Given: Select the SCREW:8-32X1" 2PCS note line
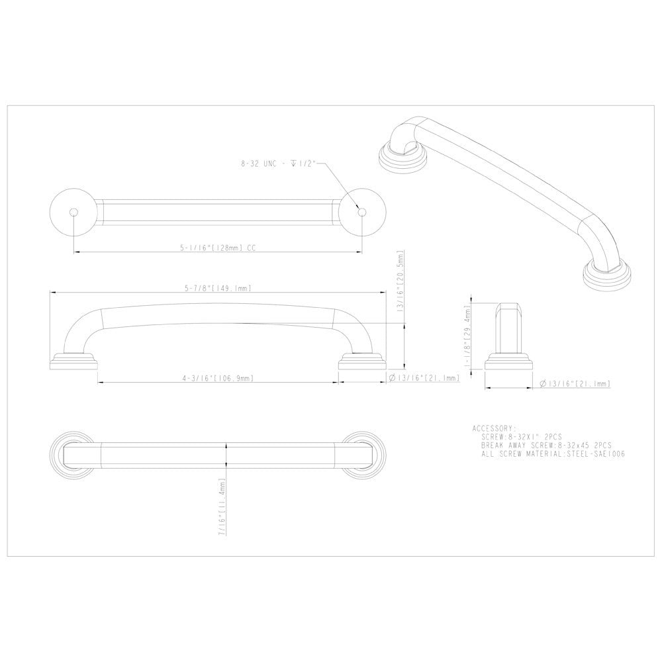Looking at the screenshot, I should [522, 437].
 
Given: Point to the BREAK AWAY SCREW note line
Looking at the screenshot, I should [546, 446].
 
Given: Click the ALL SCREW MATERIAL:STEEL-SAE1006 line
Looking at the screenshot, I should [553, 455].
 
